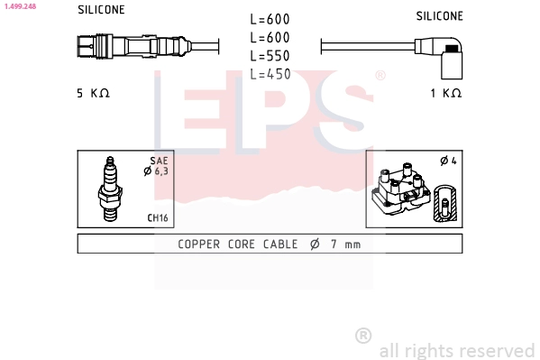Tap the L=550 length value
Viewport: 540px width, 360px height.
point(270,55)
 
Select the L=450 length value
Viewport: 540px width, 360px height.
point(270,74)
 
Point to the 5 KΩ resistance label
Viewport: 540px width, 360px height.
point(93,93)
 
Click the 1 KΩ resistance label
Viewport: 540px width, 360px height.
point(445,93)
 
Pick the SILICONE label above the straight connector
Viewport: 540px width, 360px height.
point(101,10)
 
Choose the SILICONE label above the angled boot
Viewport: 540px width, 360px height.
point(439,16)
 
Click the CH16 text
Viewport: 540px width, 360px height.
point(157,217)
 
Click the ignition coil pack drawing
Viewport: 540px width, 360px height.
point(398,190)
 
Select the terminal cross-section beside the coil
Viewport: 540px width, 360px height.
point(443,204)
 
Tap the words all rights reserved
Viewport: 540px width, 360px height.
point(457,350)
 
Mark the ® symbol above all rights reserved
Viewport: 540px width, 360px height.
point(363,336)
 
